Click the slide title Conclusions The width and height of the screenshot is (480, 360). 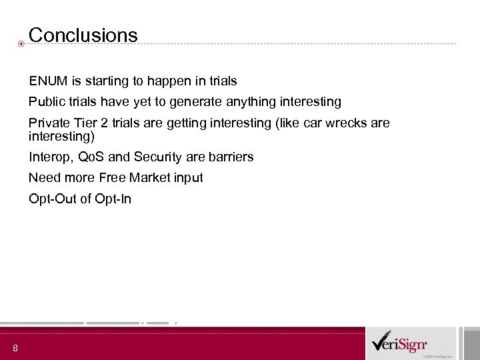(x=83, y=35)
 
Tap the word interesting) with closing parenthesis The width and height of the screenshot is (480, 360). (x=62, y=137)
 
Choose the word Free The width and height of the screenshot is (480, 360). (x=111, y=178)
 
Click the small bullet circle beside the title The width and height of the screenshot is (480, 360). (x=21, y=44)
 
